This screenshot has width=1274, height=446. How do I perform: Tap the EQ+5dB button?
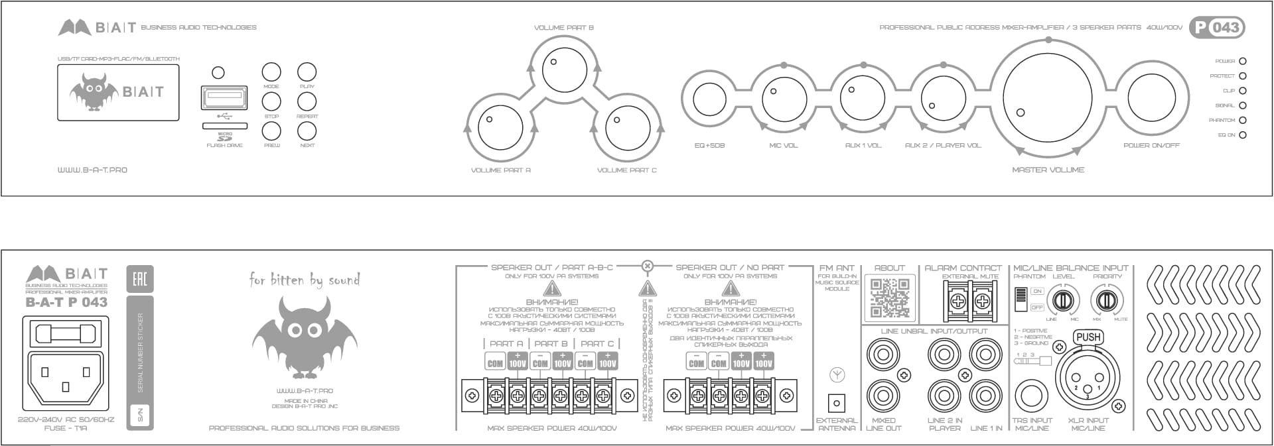pos(709,99)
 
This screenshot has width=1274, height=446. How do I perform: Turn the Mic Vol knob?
pos(784,99)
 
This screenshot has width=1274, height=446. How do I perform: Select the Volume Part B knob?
pos(564,69)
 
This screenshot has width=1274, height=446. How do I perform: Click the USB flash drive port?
pos(224,99)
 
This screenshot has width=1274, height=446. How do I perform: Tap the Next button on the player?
pos(307,131)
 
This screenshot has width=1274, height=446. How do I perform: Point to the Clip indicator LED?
pos(1242,91)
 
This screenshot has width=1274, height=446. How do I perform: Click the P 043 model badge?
pos(1216,27)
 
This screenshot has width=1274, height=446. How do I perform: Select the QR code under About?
pos(889,298)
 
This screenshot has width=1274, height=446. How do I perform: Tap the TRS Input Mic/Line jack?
pos(1031,396)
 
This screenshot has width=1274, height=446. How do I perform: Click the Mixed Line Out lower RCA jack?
pos(883,396)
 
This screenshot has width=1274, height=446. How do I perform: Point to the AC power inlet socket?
pos(65,376)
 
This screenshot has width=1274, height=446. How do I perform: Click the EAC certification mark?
pos(139,278)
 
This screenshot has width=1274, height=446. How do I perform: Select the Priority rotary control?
pos(1106,300)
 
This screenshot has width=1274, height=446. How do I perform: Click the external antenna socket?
pos(837,402)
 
